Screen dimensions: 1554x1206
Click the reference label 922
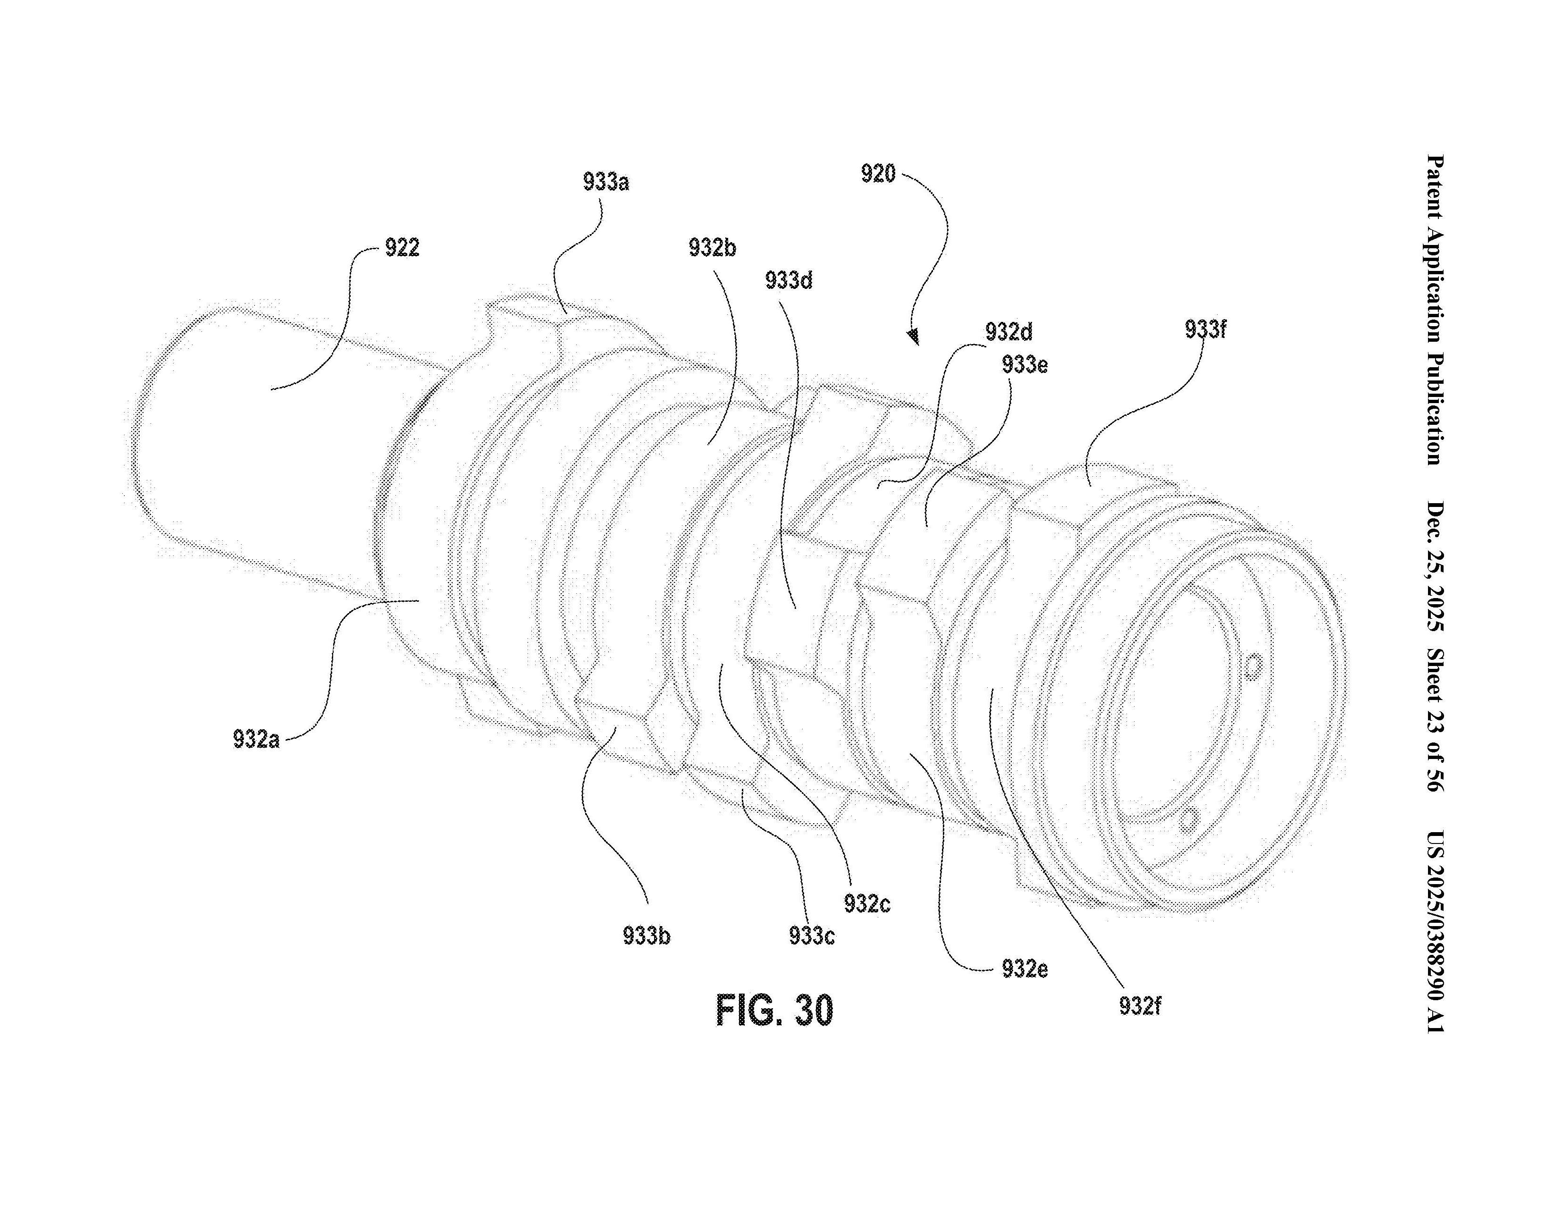click(402, 248)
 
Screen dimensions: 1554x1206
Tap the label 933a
click(606, 182)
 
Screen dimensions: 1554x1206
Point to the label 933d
click(789, 280)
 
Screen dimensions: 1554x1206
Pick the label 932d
click(1009, 332)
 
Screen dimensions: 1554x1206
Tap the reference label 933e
click(1025, 364)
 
